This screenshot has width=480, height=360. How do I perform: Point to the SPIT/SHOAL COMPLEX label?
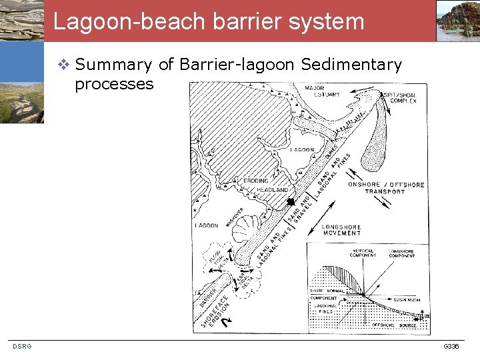(400, 98)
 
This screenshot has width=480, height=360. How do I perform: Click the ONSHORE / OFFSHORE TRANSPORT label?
(386, 188)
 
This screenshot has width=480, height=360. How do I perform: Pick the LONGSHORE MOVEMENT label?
(341, 230)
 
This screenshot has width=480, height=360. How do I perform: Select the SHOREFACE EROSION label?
(215, 307)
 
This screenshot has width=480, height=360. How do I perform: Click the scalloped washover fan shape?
(249, 230)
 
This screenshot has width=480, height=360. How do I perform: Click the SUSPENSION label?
(407, 301)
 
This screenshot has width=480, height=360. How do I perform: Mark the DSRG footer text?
(22, 346)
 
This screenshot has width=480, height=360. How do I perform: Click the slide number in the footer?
(451, 347)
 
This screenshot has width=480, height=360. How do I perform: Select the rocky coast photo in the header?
(458, 21)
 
